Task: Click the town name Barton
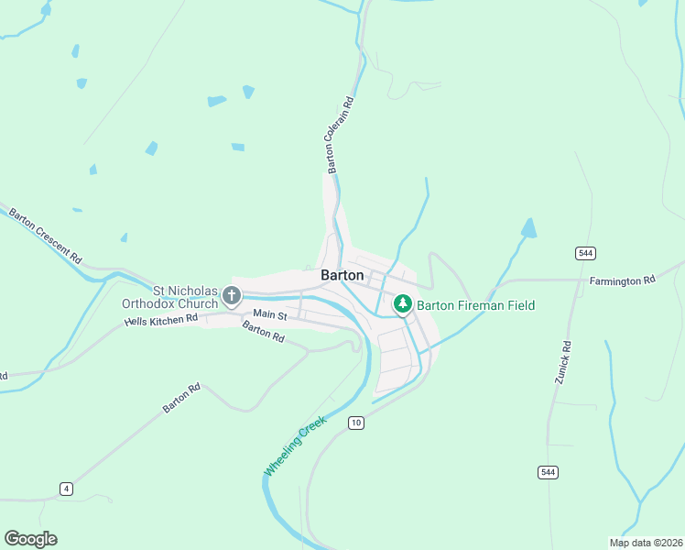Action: pos(342,275)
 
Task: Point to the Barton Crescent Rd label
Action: pos(46,236)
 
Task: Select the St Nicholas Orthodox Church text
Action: pos(173,298)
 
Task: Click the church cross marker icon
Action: pos(231,296)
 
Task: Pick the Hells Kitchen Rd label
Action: pos(161,321)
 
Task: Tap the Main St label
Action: pos(270,314)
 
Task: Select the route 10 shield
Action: pos(356,423)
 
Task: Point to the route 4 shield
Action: pos(66,489)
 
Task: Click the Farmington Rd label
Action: pos(623,280)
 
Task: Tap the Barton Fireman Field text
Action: pos(475,305)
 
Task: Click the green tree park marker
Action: pos(402,303)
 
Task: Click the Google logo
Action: pos(30,539)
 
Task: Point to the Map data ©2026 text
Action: pos(645,543)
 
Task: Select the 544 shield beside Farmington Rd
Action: pos(585,252)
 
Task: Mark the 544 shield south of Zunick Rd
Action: pos(547,471)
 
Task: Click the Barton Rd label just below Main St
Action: pos(263,332)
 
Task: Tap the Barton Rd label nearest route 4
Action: pos(181,399)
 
